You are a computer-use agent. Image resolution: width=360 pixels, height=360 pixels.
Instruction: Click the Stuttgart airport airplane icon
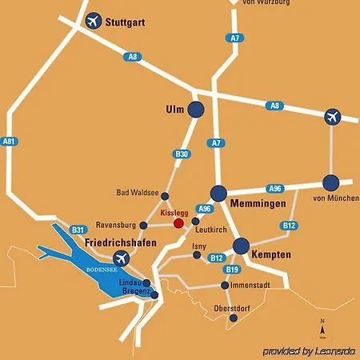click(x=94, y=20)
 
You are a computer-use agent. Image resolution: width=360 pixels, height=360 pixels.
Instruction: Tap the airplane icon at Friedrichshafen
click(x=122, y=258)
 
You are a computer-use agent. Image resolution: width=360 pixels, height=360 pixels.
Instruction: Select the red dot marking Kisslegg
click(x=178, y=223)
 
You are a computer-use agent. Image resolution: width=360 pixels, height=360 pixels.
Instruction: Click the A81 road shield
click(x=10, y=141)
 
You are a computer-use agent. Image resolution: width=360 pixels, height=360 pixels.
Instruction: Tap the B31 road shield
click(x=78, y=228)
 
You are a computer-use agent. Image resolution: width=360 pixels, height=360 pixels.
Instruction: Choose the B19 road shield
click(x=233, y=270)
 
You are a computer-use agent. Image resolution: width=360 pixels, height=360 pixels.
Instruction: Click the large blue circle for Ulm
click(x=196, y=110)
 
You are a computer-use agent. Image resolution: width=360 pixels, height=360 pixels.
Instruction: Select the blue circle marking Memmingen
click(x=218, y=193)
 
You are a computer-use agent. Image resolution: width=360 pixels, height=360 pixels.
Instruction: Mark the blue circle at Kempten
click(x=241, y=246)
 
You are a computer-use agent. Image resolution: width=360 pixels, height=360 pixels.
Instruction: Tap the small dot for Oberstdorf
click(x=233, y=318)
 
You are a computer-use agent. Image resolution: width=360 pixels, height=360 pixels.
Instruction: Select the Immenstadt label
click(x=250, y=285)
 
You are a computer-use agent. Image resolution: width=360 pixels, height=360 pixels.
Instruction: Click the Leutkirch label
click(x=211, y=230)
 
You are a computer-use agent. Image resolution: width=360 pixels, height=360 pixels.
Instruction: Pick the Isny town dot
click(x=197, y=256)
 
